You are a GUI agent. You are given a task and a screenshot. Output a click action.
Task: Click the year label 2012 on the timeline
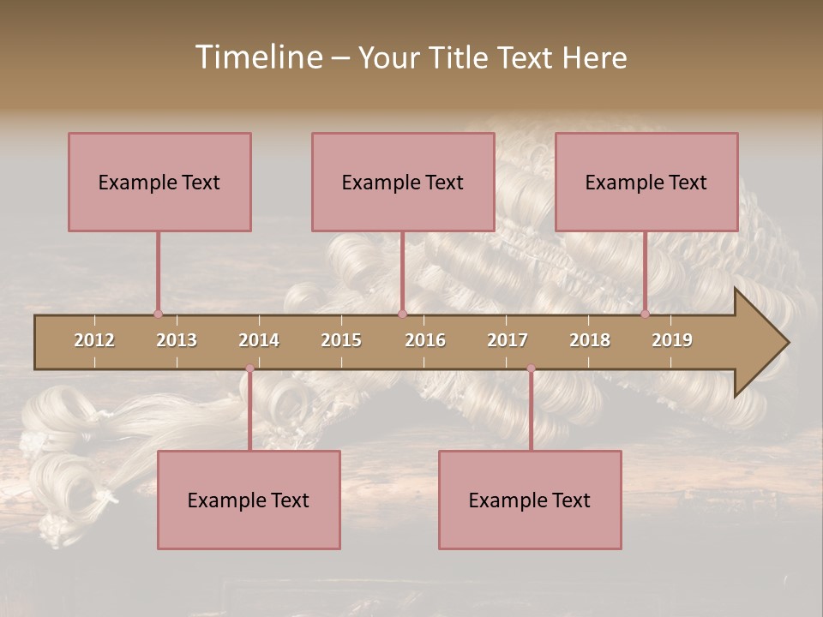pos(94,340)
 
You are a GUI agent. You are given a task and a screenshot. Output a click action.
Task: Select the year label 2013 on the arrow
pos(177,340)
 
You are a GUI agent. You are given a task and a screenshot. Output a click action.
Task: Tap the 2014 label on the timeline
pos(259,340)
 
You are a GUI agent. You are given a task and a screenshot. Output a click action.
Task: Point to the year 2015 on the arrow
pos(341,340)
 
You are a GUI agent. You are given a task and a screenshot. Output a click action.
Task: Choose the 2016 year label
pos(425,340)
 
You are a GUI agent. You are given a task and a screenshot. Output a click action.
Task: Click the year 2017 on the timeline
pos(508,340)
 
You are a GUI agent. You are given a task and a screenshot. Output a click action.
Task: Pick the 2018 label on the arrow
pos(590,340)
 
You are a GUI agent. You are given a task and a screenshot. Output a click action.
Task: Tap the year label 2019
pos(672,340)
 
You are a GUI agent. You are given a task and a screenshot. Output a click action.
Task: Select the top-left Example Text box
pos(159,182)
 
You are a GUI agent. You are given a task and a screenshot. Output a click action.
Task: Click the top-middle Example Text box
pos(403,182)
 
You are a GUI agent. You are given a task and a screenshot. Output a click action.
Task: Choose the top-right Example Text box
pos(646,182)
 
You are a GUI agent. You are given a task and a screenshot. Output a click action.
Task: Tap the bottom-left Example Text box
pos(249,500)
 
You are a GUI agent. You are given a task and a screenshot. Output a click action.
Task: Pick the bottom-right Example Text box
pos(530,500)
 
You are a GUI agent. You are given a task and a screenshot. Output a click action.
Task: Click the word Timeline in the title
pos(257,57)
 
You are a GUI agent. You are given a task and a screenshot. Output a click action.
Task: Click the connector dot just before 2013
pos(158,314)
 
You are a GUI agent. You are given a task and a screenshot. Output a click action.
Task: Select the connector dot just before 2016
pos(402,314)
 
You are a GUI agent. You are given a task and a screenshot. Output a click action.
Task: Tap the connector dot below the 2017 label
pos(531,368)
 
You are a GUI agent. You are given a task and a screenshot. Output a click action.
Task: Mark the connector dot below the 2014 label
pos(249,368)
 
